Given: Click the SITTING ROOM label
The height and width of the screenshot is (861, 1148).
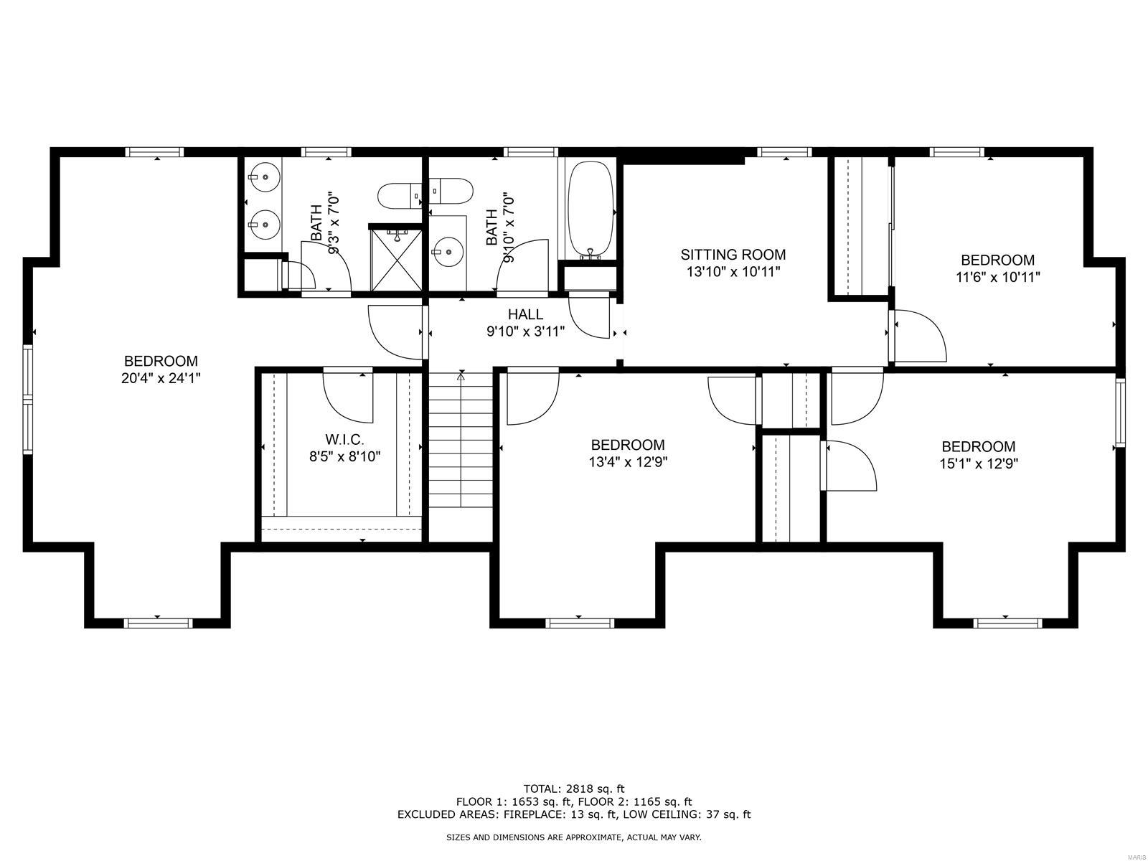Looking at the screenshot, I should (733, 254).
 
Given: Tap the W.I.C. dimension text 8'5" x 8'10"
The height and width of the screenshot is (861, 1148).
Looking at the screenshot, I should (344, 456).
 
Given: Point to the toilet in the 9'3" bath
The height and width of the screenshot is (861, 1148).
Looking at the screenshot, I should (396, 194).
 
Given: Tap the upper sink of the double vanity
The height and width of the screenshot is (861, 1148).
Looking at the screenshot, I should (263, 174).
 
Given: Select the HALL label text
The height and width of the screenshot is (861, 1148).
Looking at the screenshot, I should (525, 314).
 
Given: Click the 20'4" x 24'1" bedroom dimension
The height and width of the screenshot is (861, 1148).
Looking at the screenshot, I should (160, 378).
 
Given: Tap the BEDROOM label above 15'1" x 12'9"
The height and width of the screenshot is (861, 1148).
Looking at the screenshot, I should (978, 446).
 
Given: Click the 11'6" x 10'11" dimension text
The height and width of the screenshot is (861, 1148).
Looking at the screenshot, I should (997, 277).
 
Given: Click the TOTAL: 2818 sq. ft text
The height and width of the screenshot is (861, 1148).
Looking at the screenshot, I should (573, 789).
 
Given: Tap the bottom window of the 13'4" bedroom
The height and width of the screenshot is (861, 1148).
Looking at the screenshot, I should (580, 621).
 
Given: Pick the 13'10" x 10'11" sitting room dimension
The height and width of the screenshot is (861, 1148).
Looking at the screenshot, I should (733, 271).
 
